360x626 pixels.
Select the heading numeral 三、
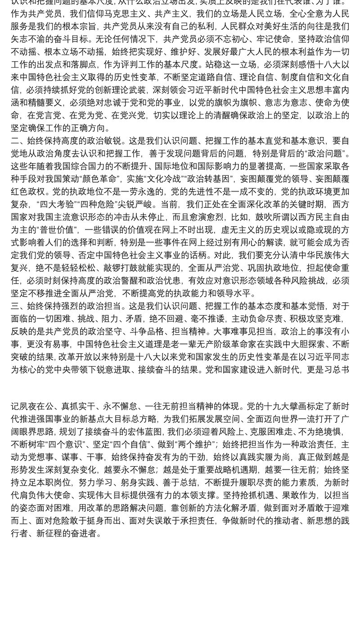coord(17,306)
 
